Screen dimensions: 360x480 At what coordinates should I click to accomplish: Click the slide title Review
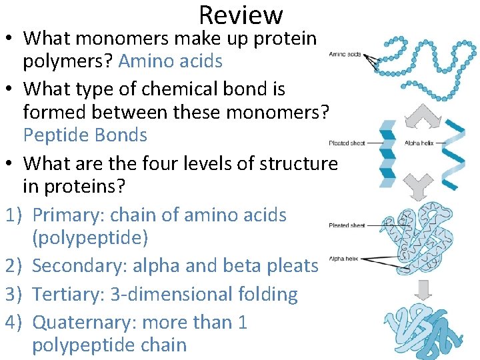(x=241, y=15)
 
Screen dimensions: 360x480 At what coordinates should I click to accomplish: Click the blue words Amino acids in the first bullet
(x=170, y=61)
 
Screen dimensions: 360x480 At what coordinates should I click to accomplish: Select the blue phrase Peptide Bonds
(x=85, y=135)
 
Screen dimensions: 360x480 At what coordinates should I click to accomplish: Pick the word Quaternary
(x=86, y=323)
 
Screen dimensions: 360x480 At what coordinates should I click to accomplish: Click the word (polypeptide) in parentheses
(x=90, y=237)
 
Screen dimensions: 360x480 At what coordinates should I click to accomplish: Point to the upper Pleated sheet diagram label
(x=347, y=143)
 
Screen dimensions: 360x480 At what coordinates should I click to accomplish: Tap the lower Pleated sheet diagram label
(x=347, y=226)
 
